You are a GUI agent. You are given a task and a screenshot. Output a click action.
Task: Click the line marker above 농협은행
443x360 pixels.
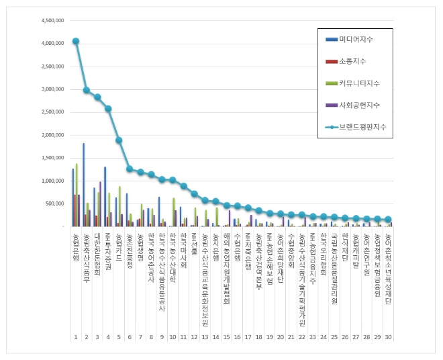pyautogui.click(x=76, y=41)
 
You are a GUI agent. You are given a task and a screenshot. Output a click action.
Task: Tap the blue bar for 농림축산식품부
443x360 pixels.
pyautogui.click(x=83, y=185)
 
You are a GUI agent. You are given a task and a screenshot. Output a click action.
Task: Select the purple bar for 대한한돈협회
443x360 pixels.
pyautogui.click(x=100, y=204)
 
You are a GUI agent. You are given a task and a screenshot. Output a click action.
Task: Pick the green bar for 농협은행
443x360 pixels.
pyautogui.click(x=77, y=195)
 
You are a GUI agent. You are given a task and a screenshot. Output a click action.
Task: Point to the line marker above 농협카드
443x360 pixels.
pyautogui.click(x=119, y=140)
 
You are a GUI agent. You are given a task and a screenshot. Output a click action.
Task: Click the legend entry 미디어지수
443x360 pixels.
pyautogui.click(x=356, y=40)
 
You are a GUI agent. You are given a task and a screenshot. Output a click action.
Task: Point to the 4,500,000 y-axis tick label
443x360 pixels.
pyautogui.click(x=52, y=20)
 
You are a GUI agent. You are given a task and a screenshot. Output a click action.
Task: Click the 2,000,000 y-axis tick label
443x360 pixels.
pyautogui.click(x=52, y=135)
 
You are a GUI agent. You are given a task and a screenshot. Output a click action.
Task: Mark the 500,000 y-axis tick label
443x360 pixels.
pyautogui.click(x=54, y=204)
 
